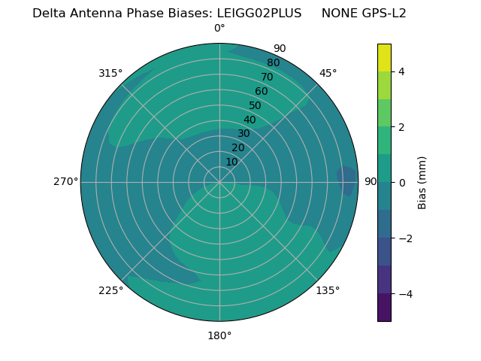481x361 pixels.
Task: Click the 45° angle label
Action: click(x=328, y=73)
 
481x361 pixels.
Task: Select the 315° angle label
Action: click(x=110, y=73)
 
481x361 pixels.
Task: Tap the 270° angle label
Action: click(x=65, y=181)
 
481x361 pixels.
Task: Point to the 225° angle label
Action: click(x=110, y=290)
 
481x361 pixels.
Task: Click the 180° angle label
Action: click(x=219, y=335)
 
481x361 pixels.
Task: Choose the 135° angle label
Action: click(x=328, y=290)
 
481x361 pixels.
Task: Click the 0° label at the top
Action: click(x=219, y=28)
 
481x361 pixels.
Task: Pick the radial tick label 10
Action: click(x=231, y=162)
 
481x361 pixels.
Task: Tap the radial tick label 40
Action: click(x=250, y=120)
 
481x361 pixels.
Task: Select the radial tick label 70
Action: click(x=267, y=77)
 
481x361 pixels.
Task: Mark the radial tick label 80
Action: click(x=273, y=62)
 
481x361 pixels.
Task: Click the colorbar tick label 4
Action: click(x=402, y=71)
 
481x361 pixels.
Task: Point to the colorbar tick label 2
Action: click(x=402, y=127)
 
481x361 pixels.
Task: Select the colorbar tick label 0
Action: click(x=402, y=182)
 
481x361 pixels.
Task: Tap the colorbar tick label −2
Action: click(x=404, y=238)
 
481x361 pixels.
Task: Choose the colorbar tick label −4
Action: click(x=404, y=293)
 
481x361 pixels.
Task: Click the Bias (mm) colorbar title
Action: click(x=422, y=182)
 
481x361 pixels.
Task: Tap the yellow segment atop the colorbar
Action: click(x=384, y=57)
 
